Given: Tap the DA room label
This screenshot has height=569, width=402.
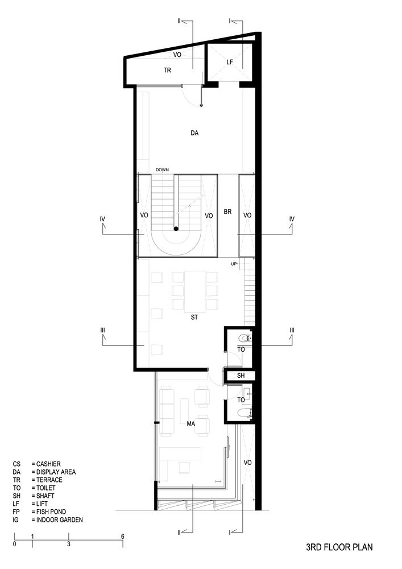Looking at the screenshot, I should (x=194, y=133).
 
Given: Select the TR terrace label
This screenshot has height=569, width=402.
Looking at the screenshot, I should (x=168, y=71).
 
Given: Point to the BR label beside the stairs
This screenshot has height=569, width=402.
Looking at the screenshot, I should (x=228, y=211).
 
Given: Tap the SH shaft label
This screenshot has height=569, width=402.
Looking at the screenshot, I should (x=241, y=376).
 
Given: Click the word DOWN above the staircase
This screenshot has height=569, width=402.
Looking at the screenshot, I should (x=162, y=170).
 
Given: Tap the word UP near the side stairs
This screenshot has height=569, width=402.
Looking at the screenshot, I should (x=234, y=264).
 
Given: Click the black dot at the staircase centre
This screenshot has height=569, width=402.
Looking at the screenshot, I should (x=176, y=229).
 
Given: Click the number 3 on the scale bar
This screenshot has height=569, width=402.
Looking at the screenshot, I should (x=69, y=545).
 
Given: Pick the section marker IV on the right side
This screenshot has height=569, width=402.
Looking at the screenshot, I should (x=292, y=218).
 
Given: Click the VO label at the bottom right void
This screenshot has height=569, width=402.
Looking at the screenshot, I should (x=247, y=463).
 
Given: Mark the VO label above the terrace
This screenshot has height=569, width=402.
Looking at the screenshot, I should (x=177, y=55).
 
